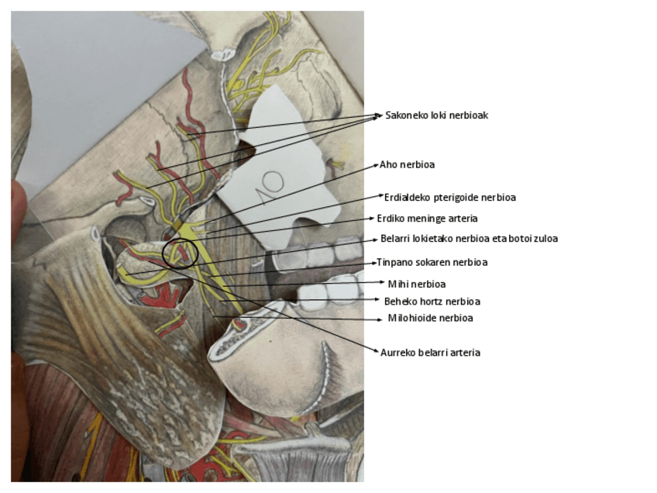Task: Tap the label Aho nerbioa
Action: (407, 165)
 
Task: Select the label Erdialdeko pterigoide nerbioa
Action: (450, 198)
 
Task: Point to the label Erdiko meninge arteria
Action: (427, 219)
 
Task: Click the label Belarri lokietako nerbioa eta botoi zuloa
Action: (469, 239)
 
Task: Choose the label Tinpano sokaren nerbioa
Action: (432, 263)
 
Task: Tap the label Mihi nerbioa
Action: (417, 284)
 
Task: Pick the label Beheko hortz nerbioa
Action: (432, 302)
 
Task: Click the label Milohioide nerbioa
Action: (430, 319)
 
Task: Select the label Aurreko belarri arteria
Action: (430, 353)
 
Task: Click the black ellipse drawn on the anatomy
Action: (181, 253)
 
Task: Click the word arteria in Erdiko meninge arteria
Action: (462, 219)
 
